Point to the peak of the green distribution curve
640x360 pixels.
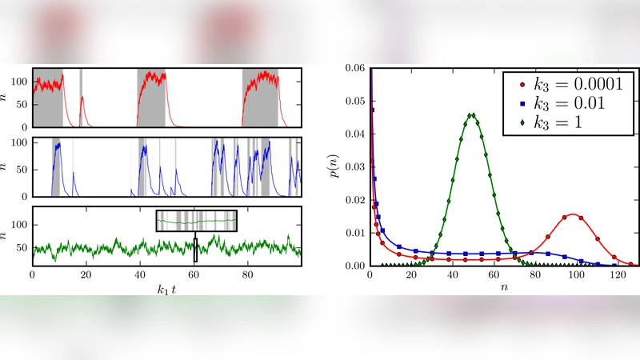[472, 114]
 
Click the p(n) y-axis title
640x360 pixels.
[335, 166]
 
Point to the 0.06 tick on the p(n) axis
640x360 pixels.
[354, 69]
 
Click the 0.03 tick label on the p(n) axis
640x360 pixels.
[354, 167]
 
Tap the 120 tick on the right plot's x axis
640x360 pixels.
[617, 274]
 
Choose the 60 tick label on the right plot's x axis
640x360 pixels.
[493, 274]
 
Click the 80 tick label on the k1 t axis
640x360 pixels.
[248, 274]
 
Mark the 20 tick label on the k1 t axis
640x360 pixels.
[86, 274]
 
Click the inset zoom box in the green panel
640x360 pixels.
[197, 220]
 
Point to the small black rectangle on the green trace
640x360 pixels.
[195, 250]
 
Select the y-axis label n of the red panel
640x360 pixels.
[6, 97]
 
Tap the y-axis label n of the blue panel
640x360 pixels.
[6, 167]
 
